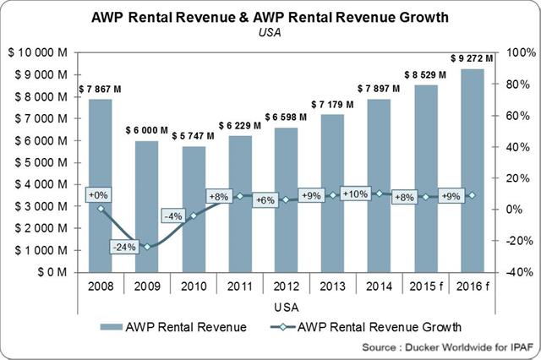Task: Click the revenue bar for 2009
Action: click(147, 207)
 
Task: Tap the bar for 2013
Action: click(333, 194)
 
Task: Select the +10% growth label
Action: click(355, 194)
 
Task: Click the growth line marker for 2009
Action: click(147, 247)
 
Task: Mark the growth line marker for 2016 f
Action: click(472, 195)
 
